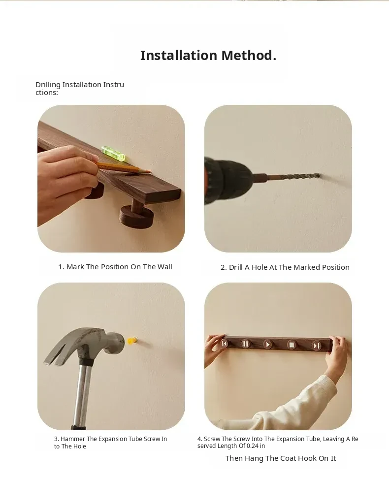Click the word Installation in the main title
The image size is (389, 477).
click(179, 55)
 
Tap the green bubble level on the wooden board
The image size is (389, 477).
click(113, 153)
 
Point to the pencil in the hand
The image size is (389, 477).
click(123, 168)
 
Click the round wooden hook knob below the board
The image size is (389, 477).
click(136, 216)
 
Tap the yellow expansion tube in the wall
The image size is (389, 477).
click(132, 341)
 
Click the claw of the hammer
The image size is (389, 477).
click(58, 350)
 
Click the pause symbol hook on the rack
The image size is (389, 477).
click(246, 344)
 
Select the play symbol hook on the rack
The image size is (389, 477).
click(267, 345)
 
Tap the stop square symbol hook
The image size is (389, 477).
click(292, 345)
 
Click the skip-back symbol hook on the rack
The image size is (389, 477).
click(225, 344)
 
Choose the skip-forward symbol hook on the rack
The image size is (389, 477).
click(317, 346)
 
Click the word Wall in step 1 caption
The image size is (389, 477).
click(164, 267)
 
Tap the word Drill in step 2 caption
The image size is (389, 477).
click(236, 267)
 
